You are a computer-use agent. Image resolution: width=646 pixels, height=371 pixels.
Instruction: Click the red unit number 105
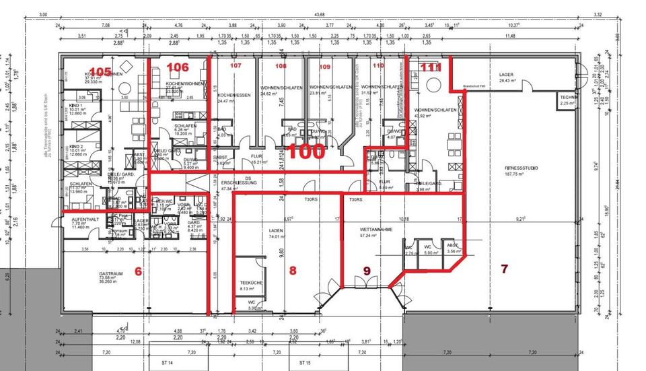(x=100, y=72)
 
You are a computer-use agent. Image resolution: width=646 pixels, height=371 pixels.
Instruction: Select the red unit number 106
(x=178, y=67)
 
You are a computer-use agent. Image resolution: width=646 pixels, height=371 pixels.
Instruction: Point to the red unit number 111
(x=430, y=68)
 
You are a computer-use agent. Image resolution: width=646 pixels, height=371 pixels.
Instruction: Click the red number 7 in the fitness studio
(x=504, y=269)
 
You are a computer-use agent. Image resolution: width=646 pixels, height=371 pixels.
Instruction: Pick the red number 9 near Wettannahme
(x=367, y=271)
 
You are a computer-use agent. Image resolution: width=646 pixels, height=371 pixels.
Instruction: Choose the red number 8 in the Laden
(x=292, y=271)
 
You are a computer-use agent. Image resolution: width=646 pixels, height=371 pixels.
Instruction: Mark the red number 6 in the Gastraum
(x=139, y=271)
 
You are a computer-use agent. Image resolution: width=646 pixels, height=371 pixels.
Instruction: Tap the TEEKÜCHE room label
(x=250, y=283)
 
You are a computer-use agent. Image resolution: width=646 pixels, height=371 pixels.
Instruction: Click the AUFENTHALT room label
(x=86, y=221)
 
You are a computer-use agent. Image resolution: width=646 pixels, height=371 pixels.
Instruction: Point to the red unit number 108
(x=281, y=66)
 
